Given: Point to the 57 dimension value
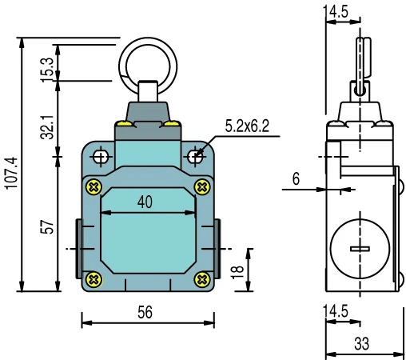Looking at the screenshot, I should coord(47,227).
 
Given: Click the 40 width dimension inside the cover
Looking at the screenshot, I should coord(145,202).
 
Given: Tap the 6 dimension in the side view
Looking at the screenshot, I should coord(296,179).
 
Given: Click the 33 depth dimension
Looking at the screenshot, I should coord(360,344).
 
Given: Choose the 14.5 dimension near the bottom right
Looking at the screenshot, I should coord(340,311).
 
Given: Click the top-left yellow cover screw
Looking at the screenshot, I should coord(94,186).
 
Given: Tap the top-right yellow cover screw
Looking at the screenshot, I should coord(202,186).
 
